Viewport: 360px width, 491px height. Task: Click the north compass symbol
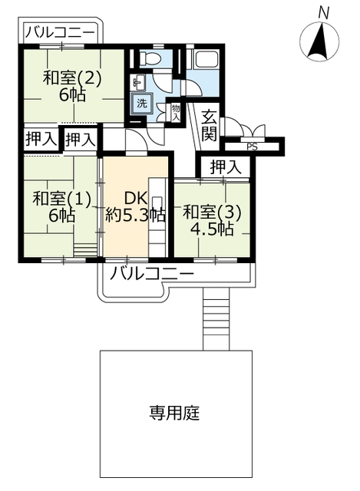coord(319,41)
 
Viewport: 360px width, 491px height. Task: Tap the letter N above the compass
coord(323,13)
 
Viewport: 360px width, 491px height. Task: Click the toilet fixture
coord(150,58)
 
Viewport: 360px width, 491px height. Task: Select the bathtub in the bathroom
coord(206,59)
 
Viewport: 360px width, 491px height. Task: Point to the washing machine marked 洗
coord(142,103)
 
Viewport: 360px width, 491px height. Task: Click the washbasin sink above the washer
coord(139,82)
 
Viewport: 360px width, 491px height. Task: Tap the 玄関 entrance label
coord(209,126)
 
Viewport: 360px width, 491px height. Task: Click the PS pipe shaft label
coord(252,147)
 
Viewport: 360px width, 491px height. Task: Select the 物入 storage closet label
coord(176,113)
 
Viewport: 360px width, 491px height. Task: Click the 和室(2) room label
coord(72,77)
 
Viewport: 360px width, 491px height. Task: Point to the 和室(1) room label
coord(61,199)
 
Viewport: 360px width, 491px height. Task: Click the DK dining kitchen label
coord(136,198)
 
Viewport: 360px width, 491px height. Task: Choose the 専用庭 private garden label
coord(174,413)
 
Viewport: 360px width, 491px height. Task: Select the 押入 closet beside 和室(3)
coord(226,166)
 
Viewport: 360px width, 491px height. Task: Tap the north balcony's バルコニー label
coord(60,32)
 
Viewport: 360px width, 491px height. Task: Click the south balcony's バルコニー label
coord(152,275)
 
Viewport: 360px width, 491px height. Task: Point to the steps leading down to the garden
coord(216,319)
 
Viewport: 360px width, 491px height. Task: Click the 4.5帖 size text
coord(212,229)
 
